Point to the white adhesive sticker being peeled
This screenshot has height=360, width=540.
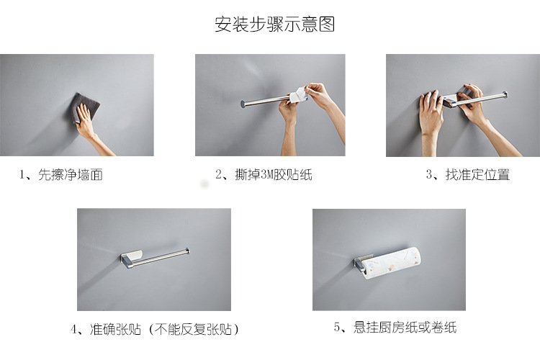tap(297, 93)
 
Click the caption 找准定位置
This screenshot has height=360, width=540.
tap(477, 175)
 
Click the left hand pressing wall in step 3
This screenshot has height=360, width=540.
tap(431, 112)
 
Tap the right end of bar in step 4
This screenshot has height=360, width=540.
tap(188, 251)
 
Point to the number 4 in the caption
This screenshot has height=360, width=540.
tap(74, 330)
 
